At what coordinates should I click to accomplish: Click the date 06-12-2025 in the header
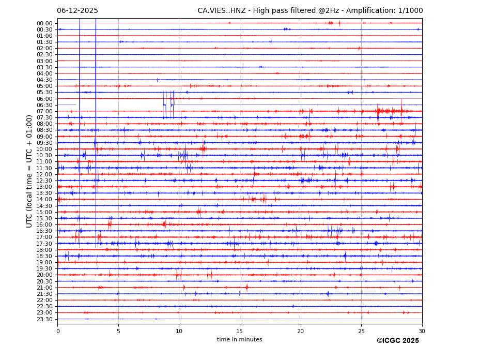coord(78,11)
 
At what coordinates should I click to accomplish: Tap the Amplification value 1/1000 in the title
coord(411,11)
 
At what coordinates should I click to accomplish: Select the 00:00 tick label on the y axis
coord(44,23)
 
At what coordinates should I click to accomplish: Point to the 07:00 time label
coord(44,111)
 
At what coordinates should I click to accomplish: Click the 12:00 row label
coord(44,174)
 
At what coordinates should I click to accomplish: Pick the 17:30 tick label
coord(44,244)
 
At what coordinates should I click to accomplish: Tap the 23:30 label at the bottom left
coord(44,319)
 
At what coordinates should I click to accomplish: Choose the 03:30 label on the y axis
coord(44,67)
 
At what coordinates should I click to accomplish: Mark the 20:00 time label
coord(44,275)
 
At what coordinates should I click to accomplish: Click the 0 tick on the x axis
coord(58,331)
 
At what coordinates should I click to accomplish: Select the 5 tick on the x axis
coord(118,331)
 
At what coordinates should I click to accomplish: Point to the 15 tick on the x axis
coord(240,331)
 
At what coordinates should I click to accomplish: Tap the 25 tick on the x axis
coord(361,331)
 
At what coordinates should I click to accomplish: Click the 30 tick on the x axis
coord(422,331)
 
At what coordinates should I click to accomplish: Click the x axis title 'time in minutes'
coord(239,340)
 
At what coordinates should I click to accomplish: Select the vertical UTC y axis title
coord(29,171)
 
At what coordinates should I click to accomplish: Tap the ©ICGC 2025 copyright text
coord(397,341)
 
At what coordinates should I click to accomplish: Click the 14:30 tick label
coord(44,206)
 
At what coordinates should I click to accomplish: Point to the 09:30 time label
coord(44,143)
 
